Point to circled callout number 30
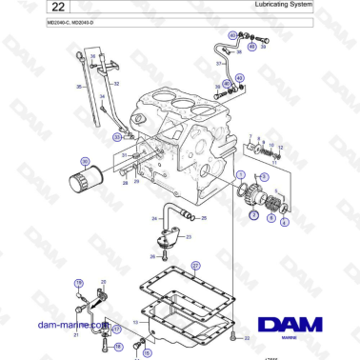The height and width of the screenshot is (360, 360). (x=84, y=161)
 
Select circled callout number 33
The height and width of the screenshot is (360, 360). (x=117, y=137)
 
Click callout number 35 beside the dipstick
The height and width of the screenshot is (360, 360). (x=78, y=86)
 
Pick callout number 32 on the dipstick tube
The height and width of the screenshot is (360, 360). (x=116, y=84)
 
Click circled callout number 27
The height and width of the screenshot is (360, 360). (x=195, y=266)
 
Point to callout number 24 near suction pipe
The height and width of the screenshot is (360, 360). (x=155, y=218)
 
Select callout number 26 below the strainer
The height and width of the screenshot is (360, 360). (x=153, y=256)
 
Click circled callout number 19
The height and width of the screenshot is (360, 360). (x=80, y=283)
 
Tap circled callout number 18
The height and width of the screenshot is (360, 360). (x=119, y=349)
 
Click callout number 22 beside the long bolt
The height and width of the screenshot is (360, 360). (x=247, y=337)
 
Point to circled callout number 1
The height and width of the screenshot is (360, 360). (x=240, y=174)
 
